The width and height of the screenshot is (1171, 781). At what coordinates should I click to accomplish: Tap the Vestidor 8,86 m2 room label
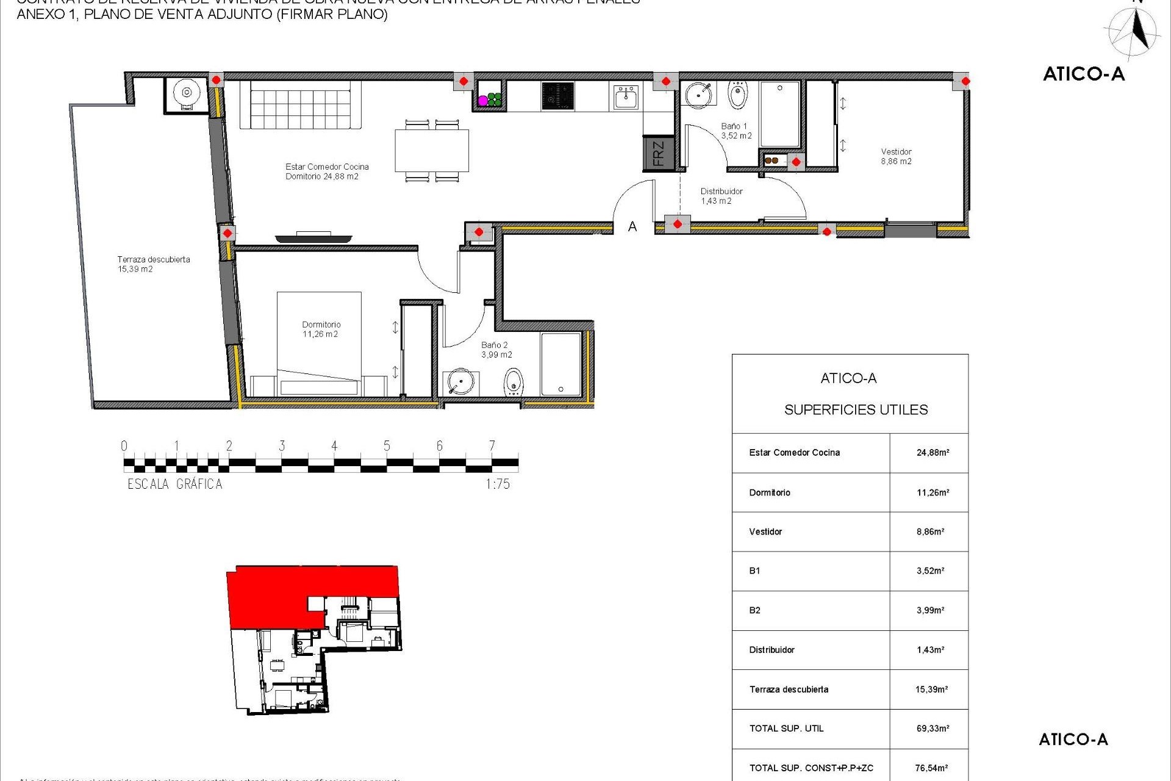tap(896, 157)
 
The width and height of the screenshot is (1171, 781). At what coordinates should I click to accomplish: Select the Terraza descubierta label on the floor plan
tap(153, 264)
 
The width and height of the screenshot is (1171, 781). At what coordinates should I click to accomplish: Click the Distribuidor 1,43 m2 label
tap(721, 196)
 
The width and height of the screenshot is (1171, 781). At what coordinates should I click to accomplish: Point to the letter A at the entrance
tap(632, 227)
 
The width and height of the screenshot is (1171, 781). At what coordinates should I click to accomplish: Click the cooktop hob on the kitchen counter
tap(557, 96)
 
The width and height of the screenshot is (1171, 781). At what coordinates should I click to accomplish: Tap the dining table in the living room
tap(432, 151)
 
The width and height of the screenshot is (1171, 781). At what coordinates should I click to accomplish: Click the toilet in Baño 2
tap(514, 383)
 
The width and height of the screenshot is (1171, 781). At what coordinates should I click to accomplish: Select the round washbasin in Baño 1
tap(698, 95)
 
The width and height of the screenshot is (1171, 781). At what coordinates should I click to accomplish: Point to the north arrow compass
tap(1134, 32)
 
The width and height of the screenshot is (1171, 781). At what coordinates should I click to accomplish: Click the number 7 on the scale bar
tap(492, 446)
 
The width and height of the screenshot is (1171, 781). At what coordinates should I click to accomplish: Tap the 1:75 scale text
tap(498, 484)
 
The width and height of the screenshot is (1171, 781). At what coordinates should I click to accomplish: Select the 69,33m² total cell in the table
tap(933, 729)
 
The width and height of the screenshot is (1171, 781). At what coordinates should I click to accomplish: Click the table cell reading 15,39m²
tap(931, 689)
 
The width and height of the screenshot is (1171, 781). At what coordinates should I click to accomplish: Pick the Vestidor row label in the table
tap(765, 532)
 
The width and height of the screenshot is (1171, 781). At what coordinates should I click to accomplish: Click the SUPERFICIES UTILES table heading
tap(856, 410)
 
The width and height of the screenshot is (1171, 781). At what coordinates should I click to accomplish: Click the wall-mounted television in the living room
tap(313, 237)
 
